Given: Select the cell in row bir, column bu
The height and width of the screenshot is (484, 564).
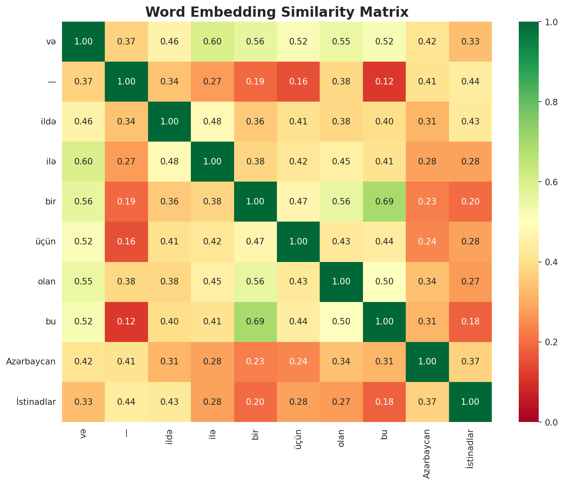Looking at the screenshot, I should [384, 202].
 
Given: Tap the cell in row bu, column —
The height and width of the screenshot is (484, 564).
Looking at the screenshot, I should [126, 322].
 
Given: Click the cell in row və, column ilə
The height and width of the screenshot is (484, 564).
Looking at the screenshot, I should [212, 42].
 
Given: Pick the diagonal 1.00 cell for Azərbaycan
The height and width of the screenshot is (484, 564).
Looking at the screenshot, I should [427, 362].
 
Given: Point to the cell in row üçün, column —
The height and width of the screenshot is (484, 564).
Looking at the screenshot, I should [126, 242].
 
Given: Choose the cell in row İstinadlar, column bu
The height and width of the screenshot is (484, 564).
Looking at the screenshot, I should [384, 402].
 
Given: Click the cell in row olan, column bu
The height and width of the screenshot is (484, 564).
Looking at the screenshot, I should [384, 282].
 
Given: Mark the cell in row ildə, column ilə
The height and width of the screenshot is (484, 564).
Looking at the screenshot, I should [212, 122].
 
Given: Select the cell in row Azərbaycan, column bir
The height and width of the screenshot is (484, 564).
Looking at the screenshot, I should [255, 362].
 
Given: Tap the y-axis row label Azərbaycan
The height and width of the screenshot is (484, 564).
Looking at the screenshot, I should [31, 362].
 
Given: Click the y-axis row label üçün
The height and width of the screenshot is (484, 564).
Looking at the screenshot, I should [45, 242].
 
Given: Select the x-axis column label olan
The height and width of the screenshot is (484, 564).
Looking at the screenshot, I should [341, 438].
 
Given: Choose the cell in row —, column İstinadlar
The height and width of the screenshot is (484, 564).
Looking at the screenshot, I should [470, 82].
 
